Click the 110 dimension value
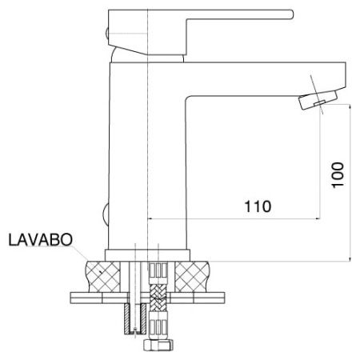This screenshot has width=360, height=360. click(258, 206)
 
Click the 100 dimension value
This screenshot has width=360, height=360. click(338, 175)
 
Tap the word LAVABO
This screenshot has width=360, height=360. click(41, 239)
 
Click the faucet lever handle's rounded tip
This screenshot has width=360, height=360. click(291, 14)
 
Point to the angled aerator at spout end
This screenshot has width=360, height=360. click(318, 100)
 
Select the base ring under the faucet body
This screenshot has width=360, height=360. click(147, 255)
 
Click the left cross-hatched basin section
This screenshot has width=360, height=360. click(103, 277)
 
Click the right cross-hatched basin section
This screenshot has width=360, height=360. click(192, 277)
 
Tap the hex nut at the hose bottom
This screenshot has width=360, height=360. click(158, 345)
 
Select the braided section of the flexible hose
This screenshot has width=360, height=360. click(158, 298)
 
